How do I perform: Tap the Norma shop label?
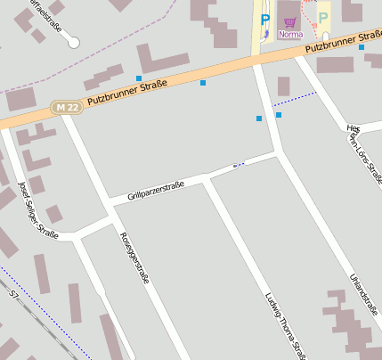pyautogui.click(x=290, y=35)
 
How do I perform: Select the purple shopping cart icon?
pyautogui.click(x=289, y=21)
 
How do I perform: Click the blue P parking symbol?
pyautogui.click(x=264, y=18)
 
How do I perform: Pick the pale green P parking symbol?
pyautogui.click(x=323, y=17)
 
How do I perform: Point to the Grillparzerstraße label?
pyautogui.click(x=155, y=190)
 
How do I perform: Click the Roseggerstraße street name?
pyautogui.click(x=134, y=258)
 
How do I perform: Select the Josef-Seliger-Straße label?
pyautogui.click(x=37, y=209)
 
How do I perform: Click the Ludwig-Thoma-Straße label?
pyautogui.click(x=285, y=325)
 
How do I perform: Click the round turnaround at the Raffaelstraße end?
pyautogui.click(x=73, y=42)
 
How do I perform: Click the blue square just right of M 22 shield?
pyautogui.click(x=139, y=78)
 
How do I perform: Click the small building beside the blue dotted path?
pyautogui.click(x=283, y=86)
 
